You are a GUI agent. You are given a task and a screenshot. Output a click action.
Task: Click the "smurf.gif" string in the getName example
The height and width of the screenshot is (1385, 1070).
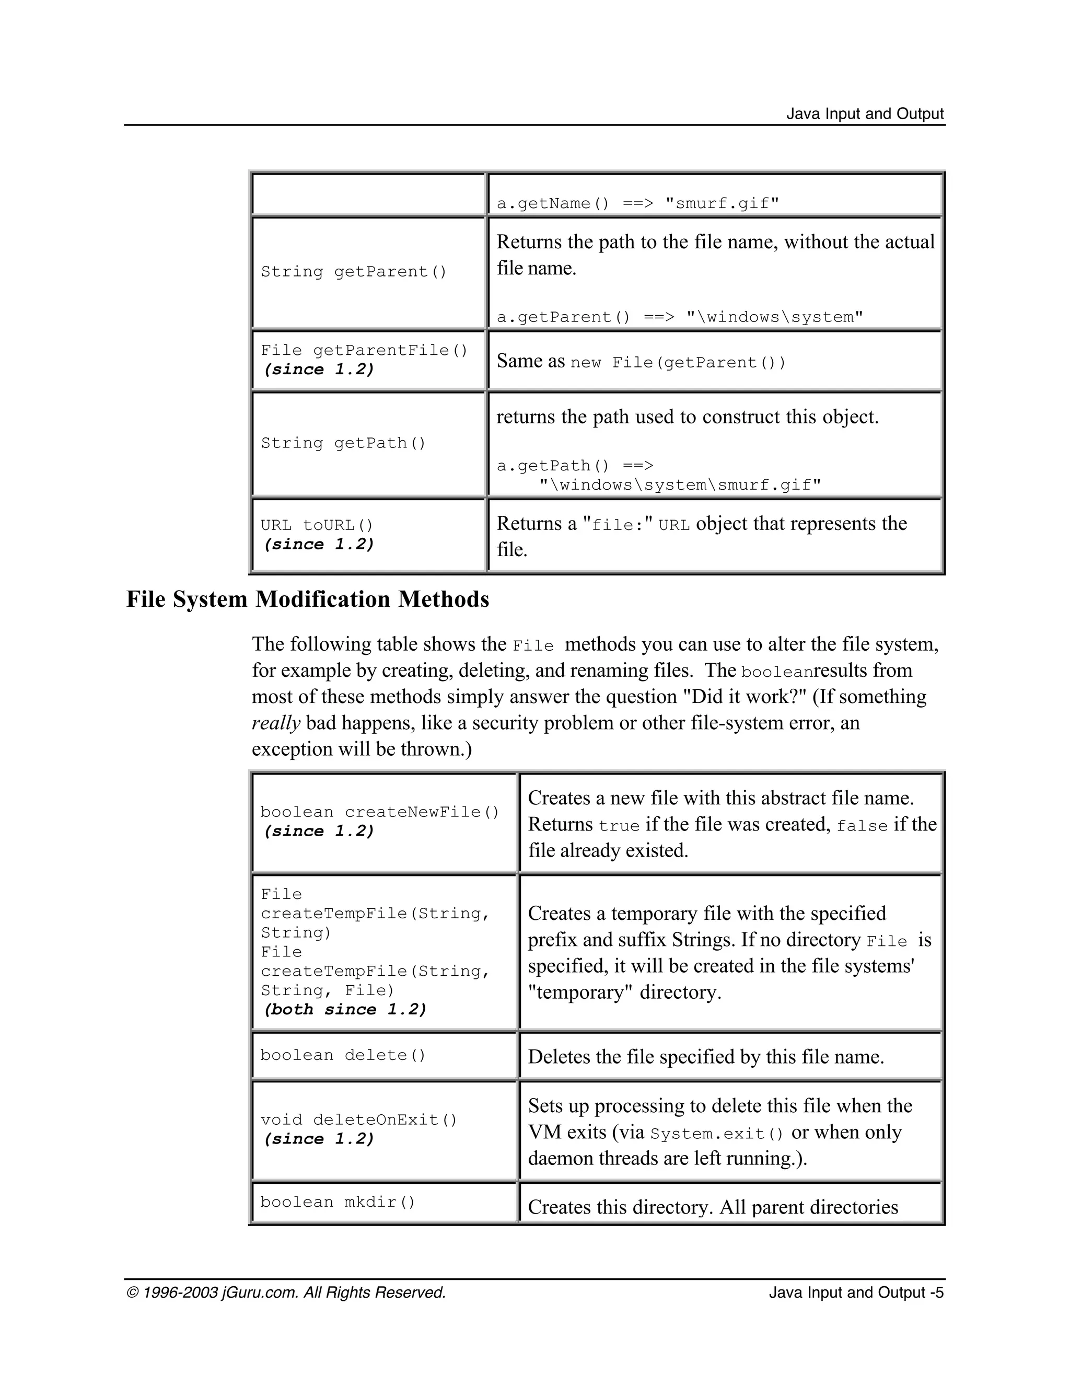(x=722, y=203)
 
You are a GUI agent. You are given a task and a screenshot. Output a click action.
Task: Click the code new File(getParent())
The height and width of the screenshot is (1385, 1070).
(x=678, y=363)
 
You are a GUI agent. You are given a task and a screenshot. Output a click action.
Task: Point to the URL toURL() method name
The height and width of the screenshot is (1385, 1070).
(x=317, y=526)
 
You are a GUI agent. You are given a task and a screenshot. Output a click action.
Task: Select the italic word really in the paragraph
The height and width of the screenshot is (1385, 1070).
(x=276, y=723)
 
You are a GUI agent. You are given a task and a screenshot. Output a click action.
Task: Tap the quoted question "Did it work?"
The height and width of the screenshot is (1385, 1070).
(x=743, y=696)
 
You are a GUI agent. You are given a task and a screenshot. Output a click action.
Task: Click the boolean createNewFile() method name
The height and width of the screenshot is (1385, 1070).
(x=379, y=812)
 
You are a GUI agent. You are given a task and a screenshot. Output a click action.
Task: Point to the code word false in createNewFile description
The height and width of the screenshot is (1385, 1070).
(x=862, y=826)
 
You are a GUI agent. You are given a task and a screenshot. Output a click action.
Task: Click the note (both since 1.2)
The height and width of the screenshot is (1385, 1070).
(x=345, y=1010)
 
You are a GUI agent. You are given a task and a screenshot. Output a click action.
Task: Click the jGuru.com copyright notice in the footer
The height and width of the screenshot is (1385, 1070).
(x=286, y=1292)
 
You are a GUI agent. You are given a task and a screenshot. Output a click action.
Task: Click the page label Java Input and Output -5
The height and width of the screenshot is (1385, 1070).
(x=856, y=1292)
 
